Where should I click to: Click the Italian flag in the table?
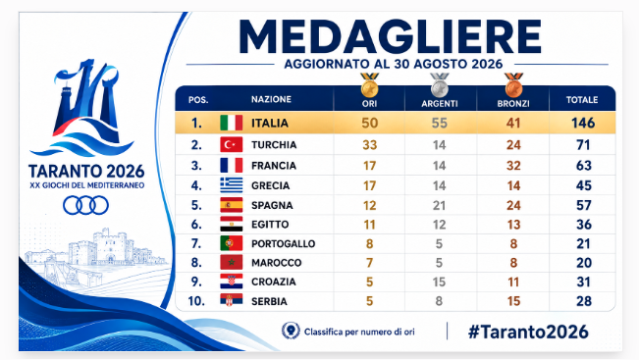[231, 123]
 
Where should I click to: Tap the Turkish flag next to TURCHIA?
[231, 144]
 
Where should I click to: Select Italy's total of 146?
[583, 123]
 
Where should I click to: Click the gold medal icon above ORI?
[369, 85]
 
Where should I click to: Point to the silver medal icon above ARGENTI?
[440, 85]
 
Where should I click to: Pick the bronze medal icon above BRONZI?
[513, 85]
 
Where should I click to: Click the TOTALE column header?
[582, 100]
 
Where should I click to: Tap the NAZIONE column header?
[271, 99]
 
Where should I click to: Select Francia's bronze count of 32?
[513, 166]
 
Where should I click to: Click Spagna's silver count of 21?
[439, 205]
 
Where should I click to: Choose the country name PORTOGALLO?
[284, 244]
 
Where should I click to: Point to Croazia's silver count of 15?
[439, 282]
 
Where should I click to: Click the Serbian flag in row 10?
[231, 300]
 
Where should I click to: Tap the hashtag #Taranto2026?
[528, 332]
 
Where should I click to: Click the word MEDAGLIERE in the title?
[391, 36]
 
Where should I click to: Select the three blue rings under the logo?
[85, 205]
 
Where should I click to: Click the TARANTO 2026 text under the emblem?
[86, 172]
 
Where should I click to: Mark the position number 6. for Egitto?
[196, 225]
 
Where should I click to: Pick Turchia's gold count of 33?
[370, 145]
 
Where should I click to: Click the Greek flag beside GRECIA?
[231, 184]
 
